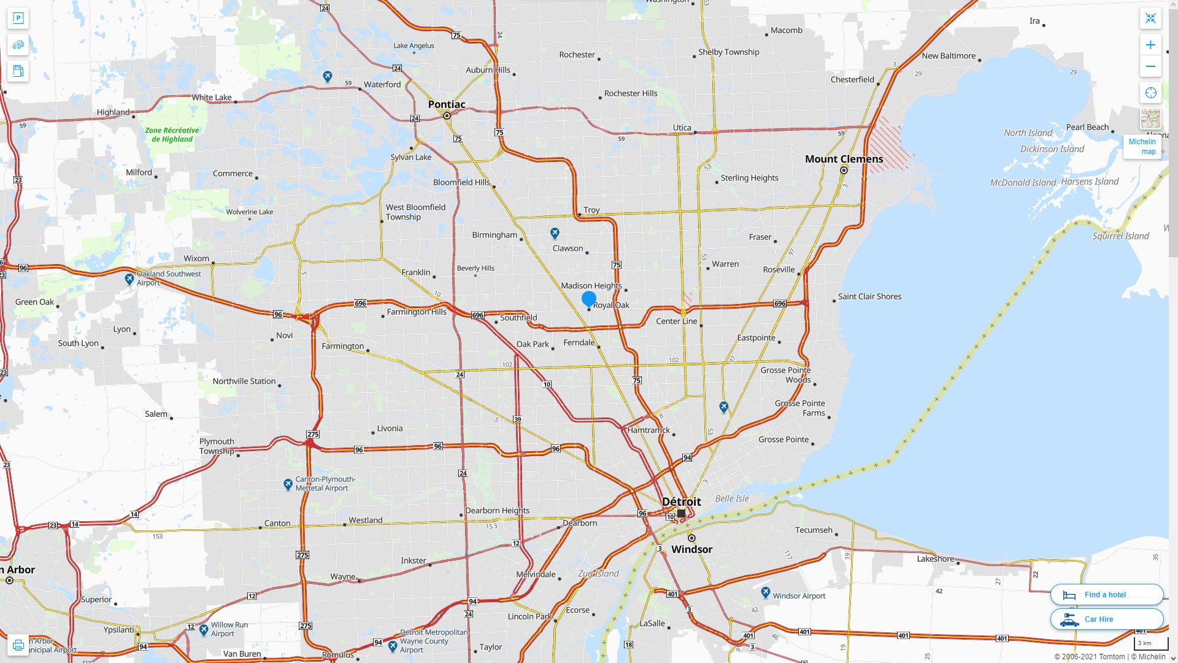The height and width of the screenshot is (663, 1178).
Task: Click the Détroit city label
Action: (x=681, y=502)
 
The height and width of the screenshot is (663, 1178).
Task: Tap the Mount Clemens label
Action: (x=844, y=159)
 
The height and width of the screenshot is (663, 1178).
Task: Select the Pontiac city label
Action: (x=446, y=104)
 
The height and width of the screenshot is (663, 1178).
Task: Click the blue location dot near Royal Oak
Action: (x=589, y=299)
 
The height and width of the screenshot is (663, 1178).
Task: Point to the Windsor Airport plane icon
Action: (x=765, y=592)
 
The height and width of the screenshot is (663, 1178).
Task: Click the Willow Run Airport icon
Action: (x=204, y=629)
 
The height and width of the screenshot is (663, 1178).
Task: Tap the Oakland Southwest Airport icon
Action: (x=129, y=279)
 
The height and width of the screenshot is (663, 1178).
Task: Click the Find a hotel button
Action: (x=1106, y=594)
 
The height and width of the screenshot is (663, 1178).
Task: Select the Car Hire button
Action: (x=1106, y=619)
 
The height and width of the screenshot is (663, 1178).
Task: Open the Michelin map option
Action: (x=1142, y=146)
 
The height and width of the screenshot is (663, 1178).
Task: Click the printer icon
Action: (x=18, y=645)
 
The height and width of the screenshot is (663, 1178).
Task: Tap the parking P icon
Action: (x=18, y=18)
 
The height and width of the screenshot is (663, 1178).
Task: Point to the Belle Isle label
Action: (x=732, y=498)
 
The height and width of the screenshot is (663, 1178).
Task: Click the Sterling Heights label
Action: (x=749, y=178)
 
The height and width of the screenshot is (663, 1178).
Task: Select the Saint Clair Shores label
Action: (x=869, y=297)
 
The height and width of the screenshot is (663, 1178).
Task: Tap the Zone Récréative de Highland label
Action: (x=172, y=134)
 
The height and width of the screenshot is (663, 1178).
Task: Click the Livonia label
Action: (x=390, y=428)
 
